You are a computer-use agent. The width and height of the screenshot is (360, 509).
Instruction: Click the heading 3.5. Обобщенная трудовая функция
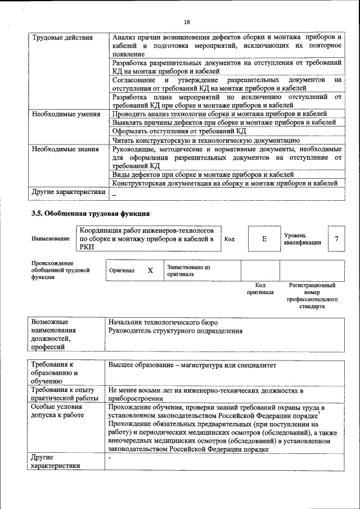pyautogui.click(x=90, y=214)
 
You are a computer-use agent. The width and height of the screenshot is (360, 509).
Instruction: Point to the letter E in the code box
pyautogui.click(x=264, y=239)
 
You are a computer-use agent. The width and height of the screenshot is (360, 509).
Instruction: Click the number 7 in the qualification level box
pyautogui.click(x=336, y=239)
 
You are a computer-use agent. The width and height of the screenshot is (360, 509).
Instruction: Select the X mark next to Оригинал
pyautogui.click(x=150, y=271)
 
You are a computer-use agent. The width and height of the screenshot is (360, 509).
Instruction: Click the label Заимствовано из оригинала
pyautogui.click(x=188, y=271)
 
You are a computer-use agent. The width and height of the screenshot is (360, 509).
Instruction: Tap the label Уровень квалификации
pyautogui.click(x=303, y=238)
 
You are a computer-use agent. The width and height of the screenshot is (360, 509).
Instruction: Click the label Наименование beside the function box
pyautogui.click(x=51, y=239)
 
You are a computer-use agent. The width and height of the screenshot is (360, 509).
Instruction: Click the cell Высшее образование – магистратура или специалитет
pyautogui.click(x=193, y=365)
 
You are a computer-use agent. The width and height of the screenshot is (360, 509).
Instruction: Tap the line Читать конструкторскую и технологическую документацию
pyautogui.click(x=205, y=140)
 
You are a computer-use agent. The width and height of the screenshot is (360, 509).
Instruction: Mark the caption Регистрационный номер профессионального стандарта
pyautogui.click(x=312, y=296)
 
